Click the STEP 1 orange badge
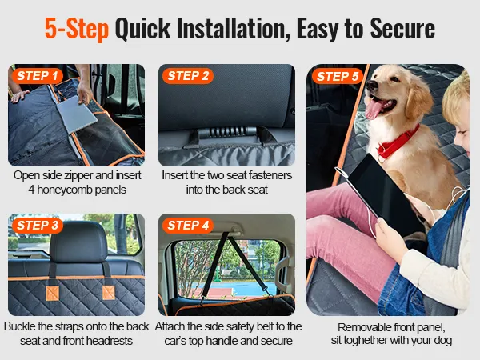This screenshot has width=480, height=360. pyautogui.click(x=38, y=76)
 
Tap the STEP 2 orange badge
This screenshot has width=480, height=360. pyautogui.click(x=188, y=76)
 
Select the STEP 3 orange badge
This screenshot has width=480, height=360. pyautogui.click(x=38, y=226)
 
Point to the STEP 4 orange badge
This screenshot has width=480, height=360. pyautogui.click(x=188, y=226)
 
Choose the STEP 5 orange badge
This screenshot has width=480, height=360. pyautogui.click(x=338, y=76)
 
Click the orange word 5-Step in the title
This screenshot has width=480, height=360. pyautogui.click(x=77, y=29)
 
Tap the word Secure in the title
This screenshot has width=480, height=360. pyautogui.click(x=402, y=28)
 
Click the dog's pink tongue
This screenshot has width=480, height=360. pyautogui.click(x=374, y=109)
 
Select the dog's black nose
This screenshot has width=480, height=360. pyautogui.click(x=372, y=85)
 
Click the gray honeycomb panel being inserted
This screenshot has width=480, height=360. pyautogui.click(x=77, y=114)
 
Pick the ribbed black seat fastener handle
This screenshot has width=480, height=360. pyautogui.click(x=227, y=133)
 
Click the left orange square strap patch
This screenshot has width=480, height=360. pyautogui.click(x=52, y=294)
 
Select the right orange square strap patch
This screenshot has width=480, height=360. pyautogui.click(x=109, y=292)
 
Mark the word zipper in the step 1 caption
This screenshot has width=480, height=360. pyautogui.click(x=78, y=176)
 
